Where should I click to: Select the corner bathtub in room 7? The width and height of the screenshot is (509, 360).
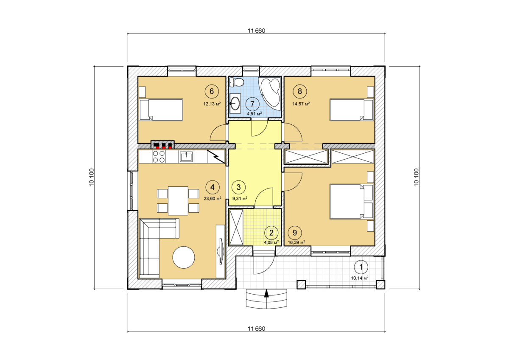pos(270,94)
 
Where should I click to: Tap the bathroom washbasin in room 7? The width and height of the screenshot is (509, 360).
pos(235,104)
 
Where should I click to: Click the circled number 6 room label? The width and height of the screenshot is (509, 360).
pos(212,91)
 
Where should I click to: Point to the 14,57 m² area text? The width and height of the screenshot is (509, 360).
pos(301,104)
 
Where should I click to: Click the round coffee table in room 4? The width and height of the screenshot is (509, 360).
pos(184,258)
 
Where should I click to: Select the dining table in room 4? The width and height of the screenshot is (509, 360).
pos(178,200)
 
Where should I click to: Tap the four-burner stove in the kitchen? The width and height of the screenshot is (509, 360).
pos(159,157)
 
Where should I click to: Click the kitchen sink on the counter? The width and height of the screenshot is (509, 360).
pos(186,157)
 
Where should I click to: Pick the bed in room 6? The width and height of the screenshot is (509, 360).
pos(161,110)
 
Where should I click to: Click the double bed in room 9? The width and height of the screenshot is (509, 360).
pos(352,202)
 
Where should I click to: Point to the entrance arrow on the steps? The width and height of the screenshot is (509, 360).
pos(266,293)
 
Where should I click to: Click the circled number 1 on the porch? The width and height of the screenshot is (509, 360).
pos(361,267)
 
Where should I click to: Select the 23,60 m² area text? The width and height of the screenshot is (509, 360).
pos(213,198)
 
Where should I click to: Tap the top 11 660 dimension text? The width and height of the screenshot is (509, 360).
pos(256,31)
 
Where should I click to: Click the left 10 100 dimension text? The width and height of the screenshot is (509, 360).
pos(92,177)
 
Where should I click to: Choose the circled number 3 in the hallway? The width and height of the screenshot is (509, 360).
pos(238,187)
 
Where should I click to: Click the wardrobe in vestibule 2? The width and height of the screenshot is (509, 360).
pos(236,227)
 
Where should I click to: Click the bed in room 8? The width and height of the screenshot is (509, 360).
pos(352,110)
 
